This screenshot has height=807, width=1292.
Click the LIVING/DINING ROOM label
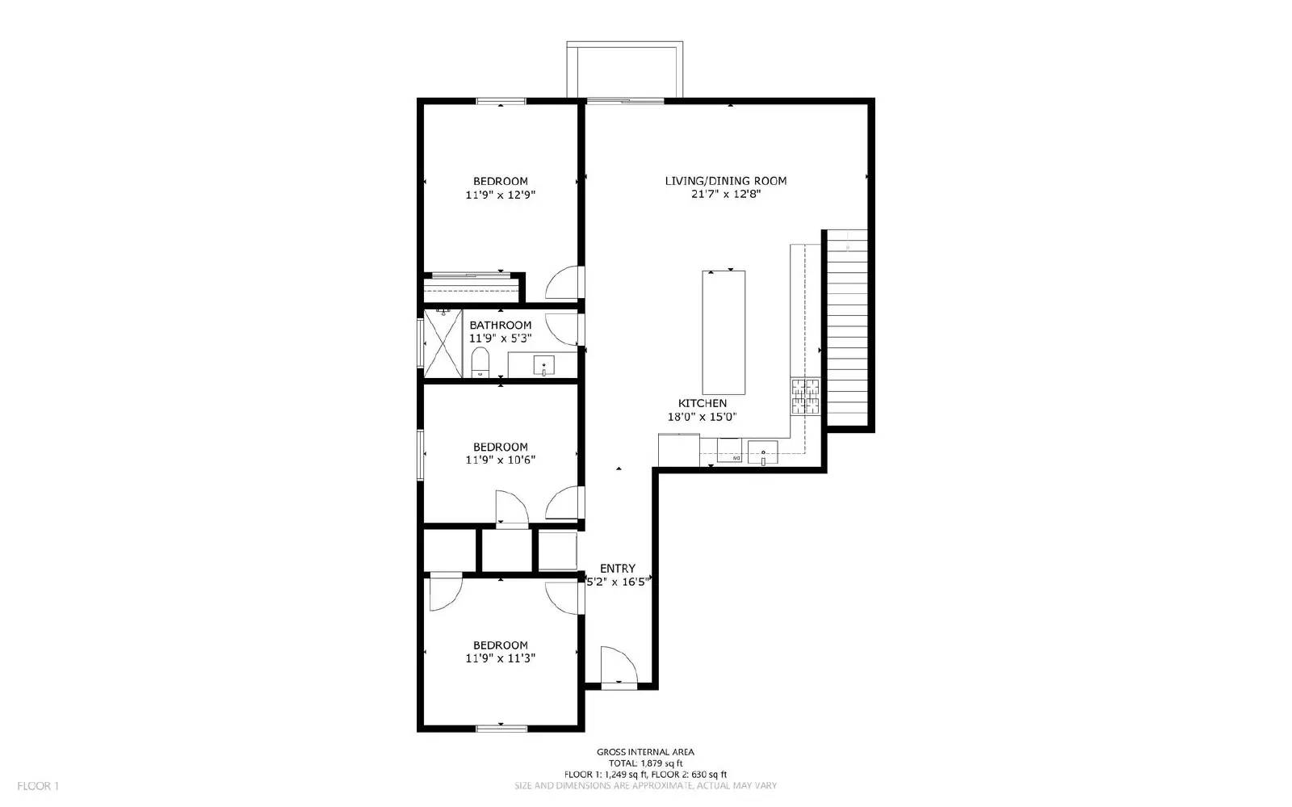coord(725,181)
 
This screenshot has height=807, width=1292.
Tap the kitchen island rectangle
coord(723,332)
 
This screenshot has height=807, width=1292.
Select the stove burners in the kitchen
coord(805,396)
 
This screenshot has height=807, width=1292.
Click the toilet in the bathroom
coord(480,363)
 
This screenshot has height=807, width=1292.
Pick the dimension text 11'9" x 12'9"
coord(500,195)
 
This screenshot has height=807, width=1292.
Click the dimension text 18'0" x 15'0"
coord(701,417)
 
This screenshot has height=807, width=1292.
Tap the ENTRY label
coord(617,569)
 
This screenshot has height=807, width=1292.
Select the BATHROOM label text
coord(500,326)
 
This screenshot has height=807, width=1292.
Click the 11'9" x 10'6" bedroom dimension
coord(500,460)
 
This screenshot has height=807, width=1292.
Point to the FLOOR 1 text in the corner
coord(38,786)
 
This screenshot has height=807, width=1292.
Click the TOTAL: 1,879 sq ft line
coord(645,763)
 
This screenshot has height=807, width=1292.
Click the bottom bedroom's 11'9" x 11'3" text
coord(500,658)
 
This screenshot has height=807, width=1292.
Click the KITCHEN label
coord(702,403)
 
